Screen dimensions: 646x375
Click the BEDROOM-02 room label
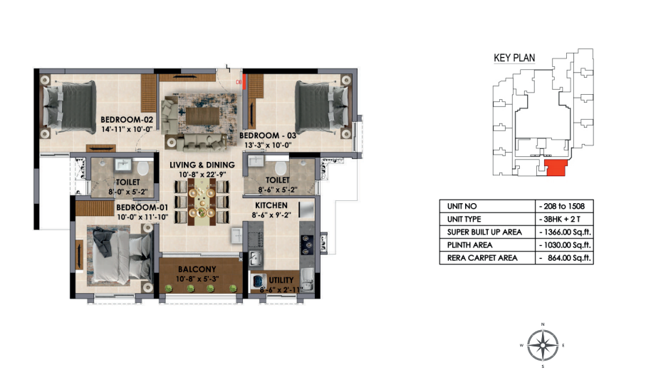click(127, 120)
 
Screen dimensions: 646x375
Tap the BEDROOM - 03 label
click(268, 135)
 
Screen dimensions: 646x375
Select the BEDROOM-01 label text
click(142, 207)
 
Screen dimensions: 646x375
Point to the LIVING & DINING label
click(202, 165)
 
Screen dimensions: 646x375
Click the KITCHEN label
click(271, 205)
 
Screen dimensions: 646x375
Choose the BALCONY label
click(197, 269)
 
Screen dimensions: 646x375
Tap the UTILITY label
click(281, 280)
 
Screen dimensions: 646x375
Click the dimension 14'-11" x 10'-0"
click(127, 129)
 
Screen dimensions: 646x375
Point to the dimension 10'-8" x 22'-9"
click(202, 175)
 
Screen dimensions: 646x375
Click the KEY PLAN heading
click(514, 58)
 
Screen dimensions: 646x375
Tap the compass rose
click(543, 345)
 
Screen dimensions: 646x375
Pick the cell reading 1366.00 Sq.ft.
click(565, 232)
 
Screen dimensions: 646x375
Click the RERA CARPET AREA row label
click(482, 258)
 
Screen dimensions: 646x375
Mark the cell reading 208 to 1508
click(562, 206)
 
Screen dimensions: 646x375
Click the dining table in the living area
click(202, 201)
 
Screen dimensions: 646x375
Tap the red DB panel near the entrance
click(244, 82)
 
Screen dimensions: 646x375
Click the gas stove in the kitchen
click(308, 245)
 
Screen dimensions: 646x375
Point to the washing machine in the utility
click(258, 282)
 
